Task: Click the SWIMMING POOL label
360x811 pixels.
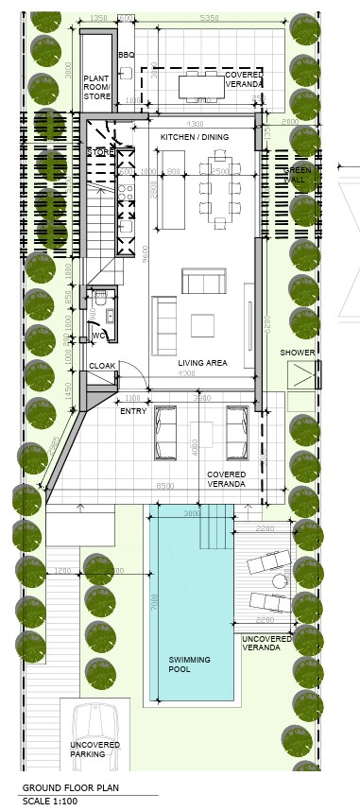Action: tap(190, 664)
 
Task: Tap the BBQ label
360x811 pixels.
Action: tap(127, 56)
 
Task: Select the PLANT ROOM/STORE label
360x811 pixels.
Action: tap(96, 87)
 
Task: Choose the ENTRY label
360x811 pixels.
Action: tap(133, 410)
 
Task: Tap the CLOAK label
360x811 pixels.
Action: tap(102, 365)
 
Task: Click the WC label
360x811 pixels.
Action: tap(99, 336)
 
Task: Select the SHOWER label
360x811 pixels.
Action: tap(298, 353)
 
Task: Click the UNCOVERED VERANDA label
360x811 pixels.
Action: tap(266, 642)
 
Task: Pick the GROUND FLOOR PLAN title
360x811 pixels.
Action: tap(71, 786)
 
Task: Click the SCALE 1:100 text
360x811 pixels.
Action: tap(50, 800)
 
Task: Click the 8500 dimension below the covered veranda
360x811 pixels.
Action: tap(164, 486)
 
